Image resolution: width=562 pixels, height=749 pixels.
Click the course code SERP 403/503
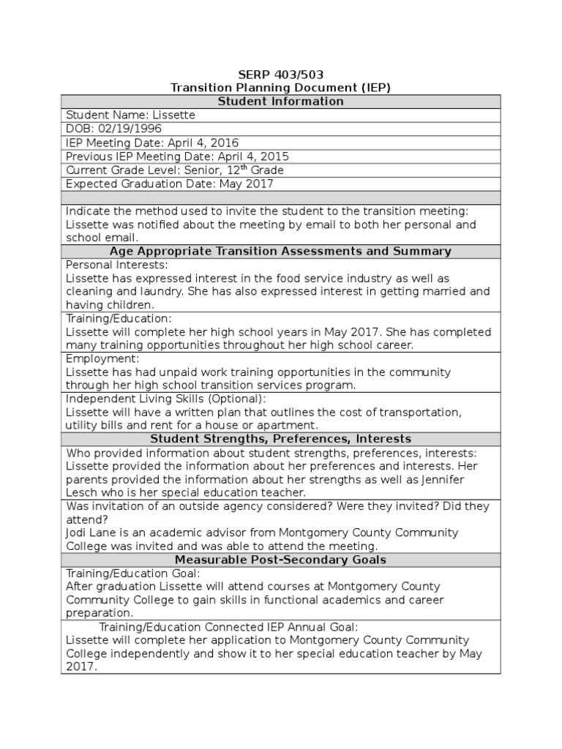[281, 74]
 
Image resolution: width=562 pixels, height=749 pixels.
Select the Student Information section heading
[281, 102]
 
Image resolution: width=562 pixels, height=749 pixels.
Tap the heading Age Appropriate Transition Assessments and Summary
[281, 251]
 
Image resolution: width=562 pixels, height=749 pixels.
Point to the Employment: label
[102, 359]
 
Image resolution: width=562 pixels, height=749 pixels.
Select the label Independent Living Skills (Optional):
[166, 399]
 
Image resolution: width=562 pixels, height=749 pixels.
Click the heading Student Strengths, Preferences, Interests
[281, 439]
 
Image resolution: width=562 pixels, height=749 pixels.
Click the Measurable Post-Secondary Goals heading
[281, 560]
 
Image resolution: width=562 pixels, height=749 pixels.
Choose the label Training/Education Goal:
[132, 573]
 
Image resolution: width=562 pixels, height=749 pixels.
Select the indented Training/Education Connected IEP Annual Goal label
[228, 628]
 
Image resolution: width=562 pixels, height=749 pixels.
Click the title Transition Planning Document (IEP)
[281, 88]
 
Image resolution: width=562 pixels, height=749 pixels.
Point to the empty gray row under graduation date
[281, 197]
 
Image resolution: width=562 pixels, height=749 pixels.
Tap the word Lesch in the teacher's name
[82, 492]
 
